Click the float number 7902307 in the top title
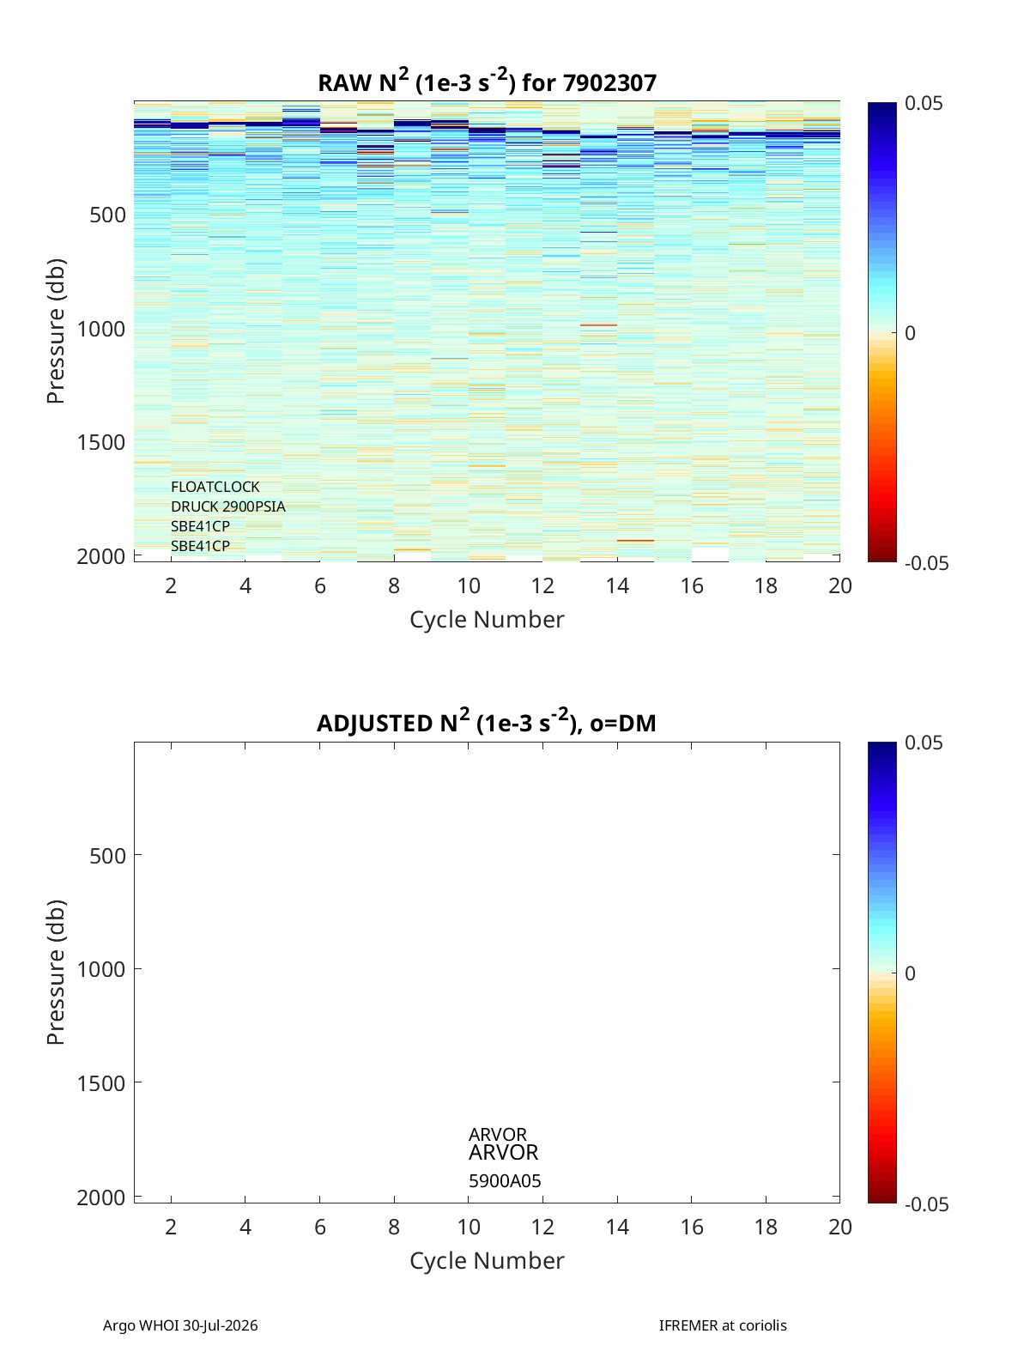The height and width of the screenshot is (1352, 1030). pyautogui.click(x=609, y=83)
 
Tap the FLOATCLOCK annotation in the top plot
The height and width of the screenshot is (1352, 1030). pyautogui.click(x=215, y=487)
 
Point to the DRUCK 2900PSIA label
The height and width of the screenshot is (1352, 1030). pyautogui.click(x=227, y=506)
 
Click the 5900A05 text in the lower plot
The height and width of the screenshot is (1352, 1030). pyautogui.click(x=504, y=1181)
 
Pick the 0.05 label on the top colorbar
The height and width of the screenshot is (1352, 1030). pyautogui.click(x=923, y=104)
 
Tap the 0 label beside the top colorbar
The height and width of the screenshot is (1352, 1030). pyautogui.click(x=909, y=333)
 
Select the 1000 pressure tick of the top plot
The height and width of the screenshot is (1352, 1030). pyautogui.click(x=101, y=329)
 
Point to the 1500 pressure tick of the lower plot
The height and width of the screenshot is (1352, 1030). pyautogui.click(x=101, y=1082)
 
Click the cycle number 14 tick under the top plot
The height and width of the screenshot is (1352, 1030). pyautogui.click(x=617, y=585)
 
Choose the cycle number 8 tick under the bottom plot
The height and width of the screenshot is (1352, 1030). pyautogui.click(x=394, y=1227)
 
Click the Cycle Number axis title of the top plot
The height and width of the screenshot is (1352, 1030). pyautogui.click(x=487, y=620)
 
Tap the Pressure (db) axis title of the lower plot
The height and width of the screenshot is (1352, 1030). pyautogui.click(x=56, y=972)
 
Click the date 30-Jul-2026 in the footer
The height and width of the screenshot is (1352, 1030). pyautogui.click(x=220, y=1325)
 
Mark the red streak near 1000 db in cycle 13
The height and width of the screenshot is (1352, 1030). pyautogui.click(x=598, y=324)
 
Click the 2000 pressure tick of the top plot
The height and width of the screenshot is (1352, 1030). pyautogui.click(x=101, y=556)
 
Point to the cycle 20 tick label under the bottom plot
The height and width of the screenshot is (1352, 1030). pyautogui.click(x=839, y=1227)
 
